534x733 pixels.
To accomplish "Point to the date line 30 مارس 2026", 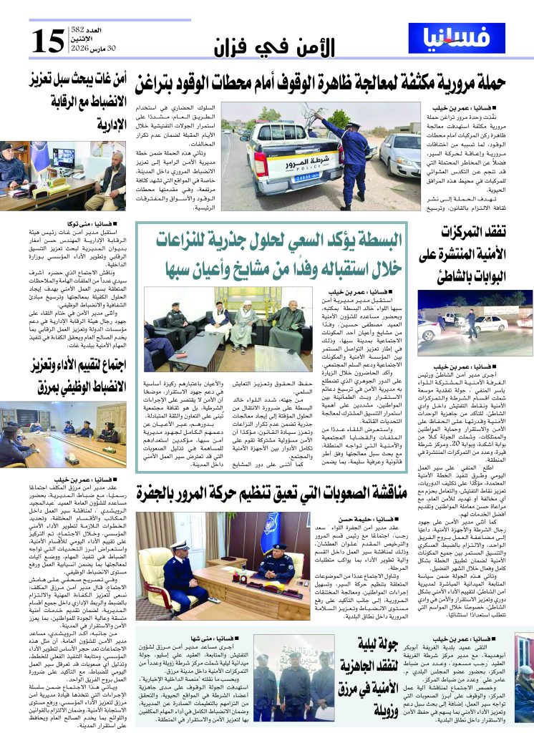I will coord(84,49).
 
